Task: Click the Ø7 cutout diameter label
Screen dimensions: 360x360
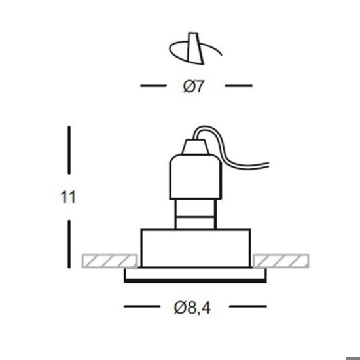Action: pyautogui.click(x=194, y=86)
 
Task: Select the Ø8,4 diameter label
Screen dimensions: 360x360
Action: pyautogui.click(x=192, y=308)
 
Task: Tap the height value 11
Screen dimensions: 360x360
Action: pyautogui.click(x=68, y=197)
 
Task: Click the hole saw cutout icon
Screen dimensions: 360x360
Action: pyautogui.click(x=196, y=48)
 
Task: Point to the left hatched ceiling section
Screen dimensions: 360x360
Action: pyautogui.click(x=110, y=261)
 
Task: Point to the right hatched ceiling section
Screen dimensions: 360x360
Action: pyautogui.click(x=281, y=261)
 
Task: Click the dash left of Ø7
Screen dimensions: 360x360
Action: pyautogui.click(x=153, y=86)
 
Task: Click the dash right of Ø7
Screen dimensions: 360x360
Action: pyautogui.click(x=239, y=86)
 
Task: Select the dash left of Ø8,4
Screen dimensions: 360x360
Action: pyautogui.click(x=142, y=306)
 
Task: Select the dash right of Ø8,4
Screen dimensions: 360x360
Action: pyautogui.click(x=248, y=306)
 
